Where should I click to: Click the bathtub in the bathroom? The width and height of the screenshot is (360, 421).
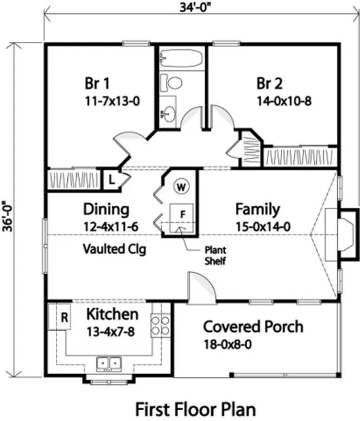(x=181, y=60)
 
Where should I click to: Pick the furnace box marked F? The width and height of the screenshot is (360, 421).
(x=181, y=214)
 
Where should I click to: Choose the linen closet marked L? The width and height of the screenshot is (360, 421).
(x=110, y=178)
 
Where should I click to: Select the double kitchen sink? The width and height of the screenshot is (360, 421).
(x=109, y=363)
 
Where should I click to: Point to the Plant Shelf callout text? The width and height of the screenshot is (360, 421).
(x=215, y=254)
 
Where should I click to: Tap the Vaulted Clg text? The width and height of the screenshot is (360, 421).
(x=114, y=249)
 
